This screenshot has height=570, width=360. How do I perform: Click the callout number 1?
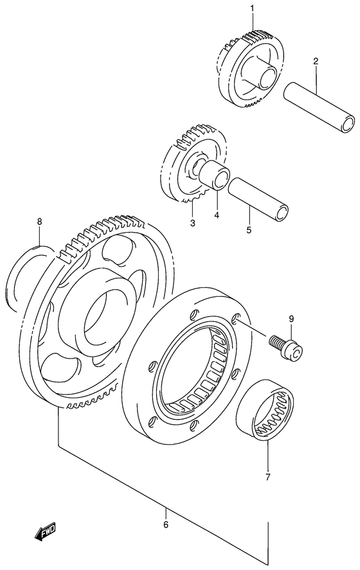coord(253,8)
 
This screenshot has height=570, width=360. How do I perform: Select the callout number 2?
coord(316,62)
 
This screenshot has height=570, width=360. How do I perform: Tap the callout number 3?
coord(192,223)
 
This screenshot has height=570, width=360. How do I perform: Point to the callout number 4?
coord(217,215)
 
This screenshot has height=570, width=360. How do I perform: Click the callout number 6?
coord(166,525)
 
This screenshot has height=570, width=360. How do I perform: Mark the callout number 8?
coord(39,222)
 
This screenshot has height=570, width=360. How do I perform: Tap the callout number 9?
coord(291,318)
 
